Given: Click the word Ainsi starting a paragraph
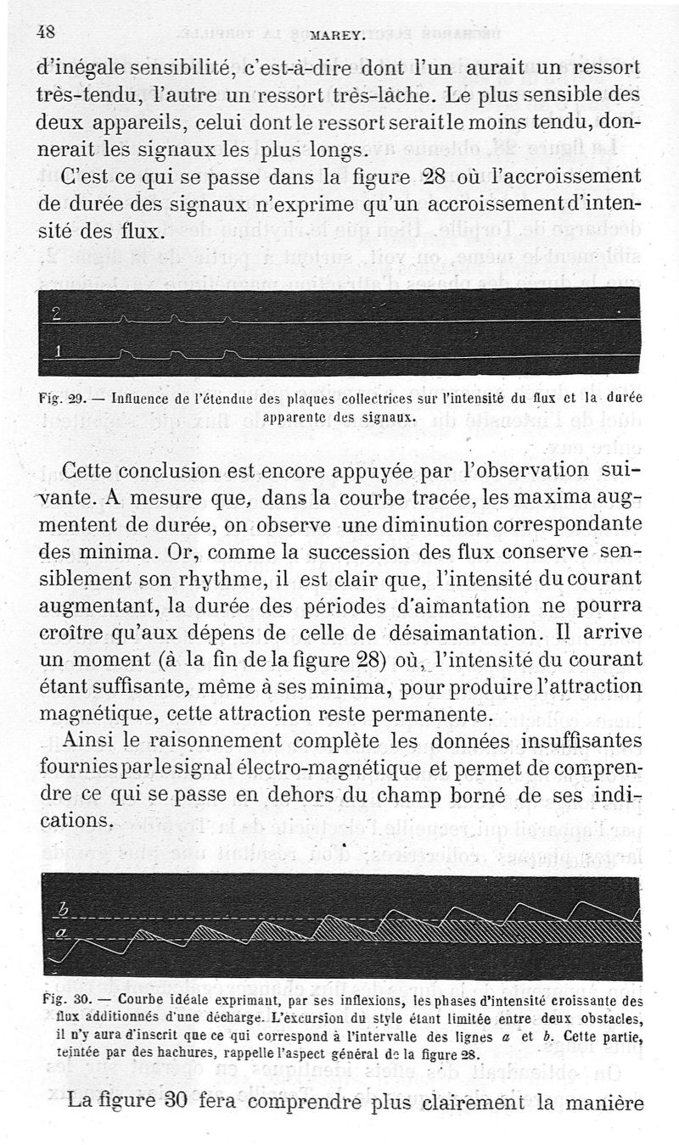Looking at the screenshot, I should (90, 740).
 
